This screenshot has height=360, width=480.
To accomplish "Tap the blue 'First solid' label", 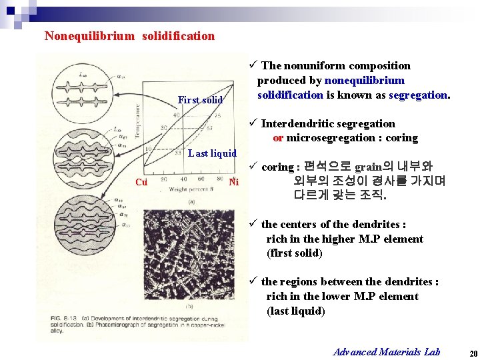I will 200,100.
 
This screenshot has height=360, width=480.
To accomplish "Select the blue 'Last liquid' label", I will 212,153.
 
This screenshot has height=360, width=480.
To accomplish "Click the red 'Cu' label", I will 141,182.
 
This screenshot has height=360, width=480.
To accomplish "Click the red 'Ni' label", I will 233,182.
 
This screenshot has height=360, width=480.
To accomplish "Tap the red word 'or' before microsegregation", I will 278,138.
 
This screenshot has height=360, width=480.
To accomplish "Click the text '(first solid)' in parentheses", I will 294,253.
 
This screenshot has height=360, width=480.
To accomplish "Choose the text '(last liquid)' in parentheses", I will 295,311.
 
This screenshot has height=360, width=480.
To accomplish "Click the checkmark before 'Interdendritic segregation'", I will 252,123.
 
